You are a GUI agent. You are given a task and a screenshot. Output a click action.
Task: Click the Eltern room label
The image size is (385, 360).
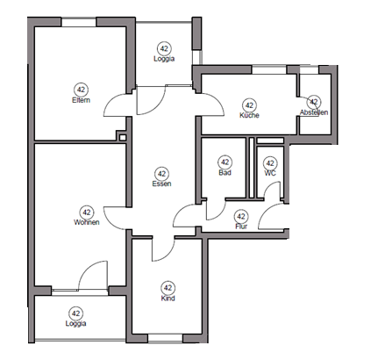click(81, 100)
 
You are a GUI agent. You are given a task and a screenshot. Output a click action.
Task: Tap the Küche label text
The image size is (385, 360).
click(249, 115)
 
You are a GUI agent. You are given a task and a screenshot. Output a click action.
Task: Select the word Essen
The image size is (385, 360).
click(161, 184)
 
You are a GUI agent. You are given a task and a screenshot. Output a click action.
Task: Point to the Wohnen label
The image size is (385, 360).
click(87, 222)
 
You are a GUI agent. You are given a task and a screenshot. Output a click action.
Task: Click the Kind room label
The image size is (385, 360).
click(168, 298)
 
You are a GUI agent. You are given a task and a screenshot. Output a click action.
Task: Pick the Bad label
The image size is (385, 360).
click(225, 173)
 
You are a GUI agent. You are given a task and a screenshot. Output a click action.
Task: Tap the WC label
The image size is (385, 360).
click(270, 173)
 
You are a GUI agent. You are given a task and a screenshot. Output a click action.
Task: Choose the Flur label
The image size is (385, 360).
click(242, 227)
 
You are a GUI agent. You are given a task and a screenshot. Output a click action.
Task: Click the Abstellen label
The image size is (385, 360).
click(313, 113)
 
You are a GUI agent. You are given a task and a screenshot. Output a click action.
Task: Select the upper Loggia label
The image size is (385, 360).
click(164, 59)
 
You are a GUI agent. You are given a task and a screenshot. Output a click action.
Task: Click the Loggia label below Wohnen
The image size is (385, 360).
click(76, 324)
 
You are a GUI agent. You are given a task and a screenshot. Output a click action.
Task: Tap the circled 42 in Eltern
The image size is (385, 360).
click(81, 90)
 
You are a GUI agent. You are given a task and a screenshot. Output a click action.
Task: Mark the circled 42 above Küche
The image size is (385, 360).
click(249, 104)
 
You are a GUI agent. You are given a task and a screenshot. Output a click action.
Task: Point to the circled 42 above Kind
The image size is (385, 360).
click(168, 287)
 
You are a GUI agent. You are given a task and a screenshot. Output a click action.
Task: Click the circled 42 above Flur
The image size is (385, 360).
click(242, 216)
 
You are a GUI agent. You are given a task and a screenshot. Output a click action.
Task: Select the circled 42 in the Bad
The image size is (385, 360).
click(225, 162)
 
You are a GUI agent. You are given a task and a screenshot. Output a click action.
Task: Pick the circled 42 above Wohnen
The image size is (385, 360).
click(87, 212)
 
